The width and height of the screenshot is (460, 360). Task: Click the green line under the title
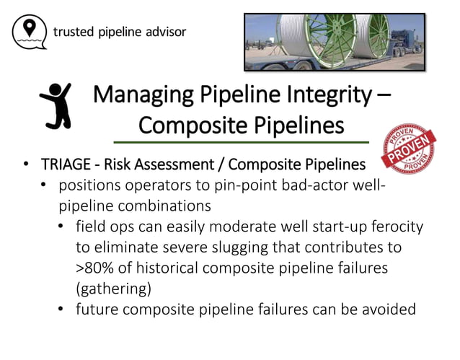pos(242,142)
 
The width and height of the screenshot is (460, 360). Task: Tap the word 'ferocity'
pos(396,227)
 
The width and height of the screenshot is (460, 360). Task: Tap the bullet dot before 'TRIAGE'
pos(27,165)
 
